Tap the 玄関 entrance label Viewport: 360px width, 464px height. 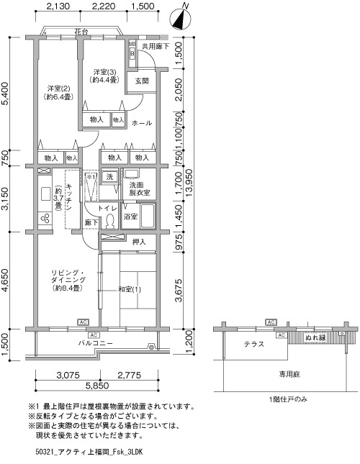pyautogui.click(x=142, y=81)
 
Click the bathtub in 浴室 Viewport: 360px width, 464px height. pyautogui.click(x=147, y=216)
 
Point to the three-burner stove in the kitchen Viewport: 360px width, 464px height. pyautogui.click(x=45, y=219)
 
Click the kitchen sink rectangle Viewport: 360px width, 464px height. pyautogui.click(x=45, y=194)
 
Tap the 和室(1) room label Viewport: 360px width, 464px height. pyautogui.click(x=130, y=289)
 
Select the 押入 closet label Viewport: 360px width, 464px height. pyautogui.click(x=139, y=242)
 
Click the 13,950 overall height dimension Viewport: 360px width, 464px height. pyautogui.click(x=189, y=183)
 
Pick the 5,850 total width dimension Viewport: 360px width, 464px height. pyautogui.click(x=97, y=386)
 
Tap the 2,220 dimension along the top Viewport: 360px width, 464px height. pyautogui.click(x=104, y=6)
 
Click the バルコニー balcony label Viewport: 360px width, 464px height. pyautogui.click(x=96, y=343)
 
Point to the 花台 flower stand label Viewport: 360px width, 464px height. pyautogui.click(x=81, y=32)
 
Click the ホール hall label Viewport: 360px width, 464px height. pyautogui.click(x=142, y=123)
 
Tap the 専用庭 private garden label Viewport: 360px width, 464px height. pyautogui.click(x=289, y=374)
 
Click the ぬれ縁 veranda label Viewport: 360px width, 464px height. pyautogui.click(x=315, y=337)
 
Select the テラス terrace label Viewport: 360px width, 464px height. pyautogui.click(x=254, y=344)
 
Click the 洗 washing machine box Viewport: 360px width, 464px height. pyautogui.click(x=110, y=177)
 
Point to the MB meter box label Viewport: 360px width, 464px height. pyautogui.click(x=132, y=44)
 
